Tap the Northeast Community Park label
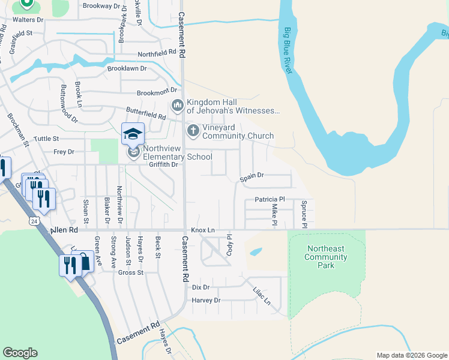(x=326, y=257)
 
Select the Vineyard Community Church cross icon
(x=193, y=130)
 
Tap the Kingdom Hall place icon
(x=176, y=106)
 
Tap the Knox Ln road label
(x=203, y=230)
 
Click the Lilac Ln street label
(x=262, y=294)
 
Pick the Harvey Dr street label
(x=206, y=300)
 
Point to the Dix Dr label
(x=200, y=287)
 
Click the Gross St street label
(x=131, y=272)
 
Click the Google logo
(x=20, y=353)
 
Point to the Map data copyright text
(x=411, y=355)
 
